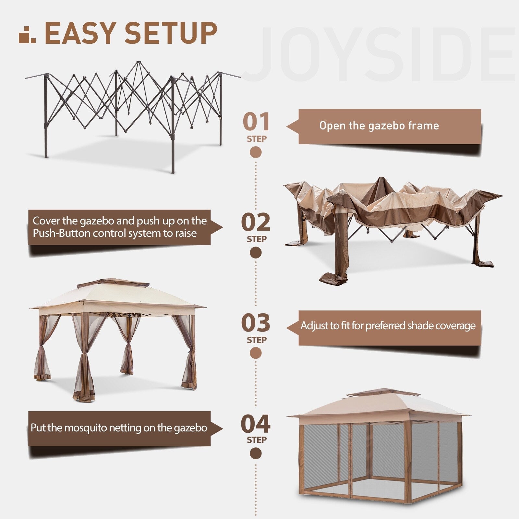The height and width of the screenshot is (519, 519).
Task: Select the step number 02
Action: tap(256, 222)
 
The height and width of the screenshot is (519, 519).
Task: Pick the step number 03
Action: tap(256, 323)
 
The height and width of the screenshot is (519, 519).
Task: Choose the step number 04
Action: tap(256, 424)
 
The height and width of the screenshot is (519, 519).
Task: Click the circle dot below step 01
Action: tap(256, 152)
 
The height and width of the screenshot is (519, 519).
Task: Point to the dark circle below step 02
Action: tap(256, 253)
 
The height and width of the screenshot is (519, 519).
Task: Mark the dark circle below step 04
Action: tap(256, 453)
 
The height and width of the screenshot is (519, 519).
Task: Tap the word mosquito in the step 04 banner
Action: tap(85, 428)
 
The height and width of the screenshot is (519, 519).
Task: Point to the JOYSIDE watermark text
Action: tap(383, 55)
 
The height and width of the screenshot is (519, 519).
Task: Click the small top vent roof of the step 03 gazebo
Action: tap(109, 282)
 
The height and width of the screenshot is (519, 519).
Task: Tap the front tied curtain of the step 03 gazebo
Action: tap(84, 373)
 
